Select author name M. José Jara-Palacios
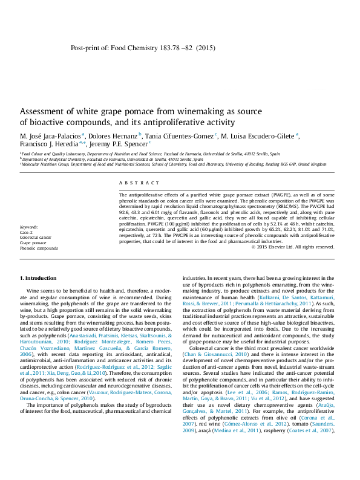click(x=51, y=135)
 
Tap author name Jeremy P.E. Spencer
click(x=118, y=145)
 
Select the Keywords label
click(x=29, y=227)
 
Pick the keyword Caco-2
click(x=26, y=232)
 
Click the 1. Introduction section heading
click(x=39, y=278)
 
